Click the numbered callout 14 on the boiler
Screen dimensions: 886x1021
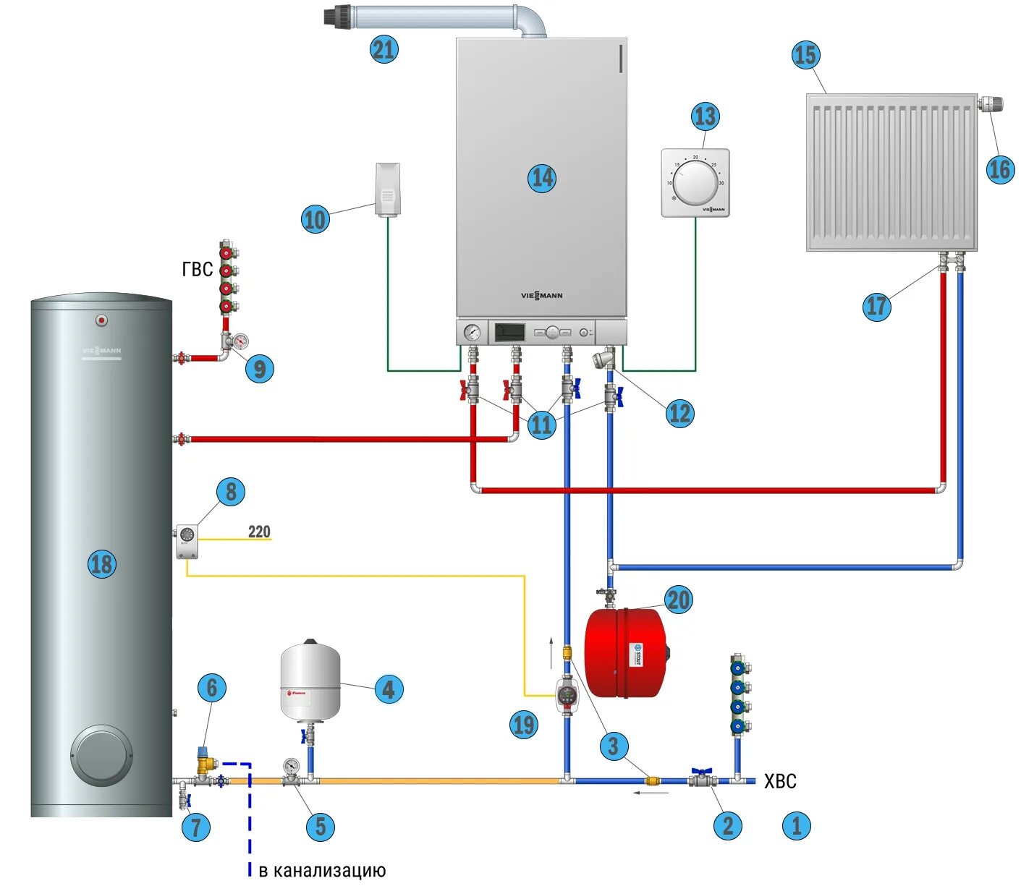tap(542, 178)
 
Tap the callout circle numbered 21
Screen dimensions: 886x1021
tap(384, 49)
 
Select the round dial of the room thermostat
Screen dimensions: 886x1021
tap(696, 182)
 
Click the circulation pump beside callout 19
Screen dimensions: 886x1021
tap(567, 696)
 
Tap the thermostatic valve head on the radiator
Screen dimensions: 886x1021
tap(991, 104)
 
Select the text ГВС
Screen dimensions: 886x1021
tap(198, 270)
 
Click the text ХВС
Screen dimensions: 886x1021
tap(780, 781)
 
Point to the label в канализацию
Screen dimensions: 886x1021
tap(322, 870)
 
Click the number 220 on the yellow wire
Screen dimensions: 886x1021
tap(259, 532)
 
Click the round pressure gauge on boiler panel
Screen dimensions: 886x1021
tap(472, 333)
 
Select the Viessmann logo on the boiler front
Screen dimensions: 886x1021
tap(541, 295)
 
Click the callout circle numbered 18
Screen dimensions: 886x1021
tap(101, 563)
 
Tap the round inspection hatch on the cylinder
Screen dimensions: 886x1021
tap(101, 755)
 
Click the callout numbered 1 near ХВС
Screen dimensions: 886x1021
tap(796, 825)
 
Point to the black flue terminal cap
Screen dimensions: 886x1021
tap(339, 14)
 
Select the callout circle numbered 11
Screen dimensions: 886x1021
tap(541, 424)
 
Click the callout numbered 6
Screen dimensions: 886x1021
tap(211, 687)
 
